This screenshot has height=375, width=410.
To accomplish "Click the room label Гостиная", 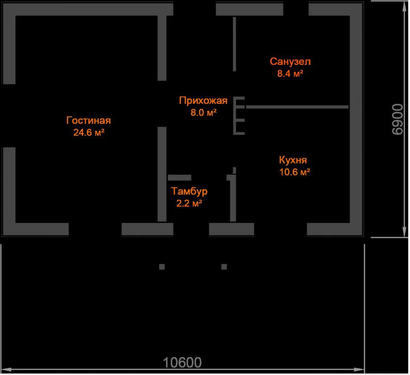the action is (89, 120).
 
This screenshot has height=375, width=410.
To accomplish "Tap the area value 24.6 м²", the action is (89, 132).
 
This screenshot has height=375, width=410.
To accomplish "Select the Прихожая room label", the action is (203, 101).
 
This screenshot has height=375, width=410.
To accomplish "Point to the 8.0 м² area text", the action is (204, 112).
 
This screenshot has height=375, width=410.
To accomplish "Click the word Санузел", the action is (290, 61).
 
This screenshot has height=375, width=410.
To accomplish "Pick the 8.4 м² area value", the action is (290, 73).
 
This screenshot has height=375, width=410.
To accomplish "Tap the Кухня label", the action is (293, 160).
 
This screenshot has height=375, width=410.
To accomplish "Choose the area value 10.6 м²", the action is (295, 172).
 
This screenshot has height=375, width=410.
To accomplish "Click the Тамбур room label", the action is (189, 191).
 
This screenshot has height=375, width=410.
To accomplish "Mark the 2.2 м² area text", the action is (189, 203).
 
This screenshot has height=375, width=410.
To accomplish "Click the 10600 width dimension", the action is (182, 363).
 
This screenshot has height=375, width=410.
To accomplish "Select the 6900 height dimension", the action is (398, 119).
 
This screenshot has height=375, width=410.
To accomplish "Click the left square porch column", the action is (162, 267).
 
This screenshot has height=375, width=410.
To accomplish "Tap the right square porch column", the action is (224, 267).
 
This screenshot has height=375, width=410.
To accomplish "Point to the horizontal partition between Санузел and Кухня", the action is (297, 107).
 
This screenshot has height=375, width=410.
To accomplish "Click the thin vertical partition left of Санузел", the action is (234, 44).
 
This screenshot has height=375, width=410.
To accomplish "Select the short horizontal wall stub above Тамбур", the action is (179, 178).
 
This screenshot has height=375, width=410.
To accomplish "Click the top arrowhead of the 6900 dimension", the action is (404, 7).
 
